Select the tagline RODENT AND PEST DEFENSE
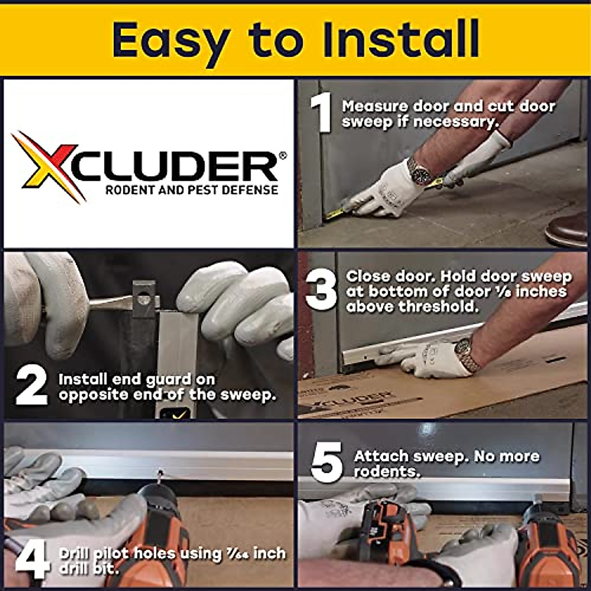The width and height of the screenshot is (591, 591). point(192,190)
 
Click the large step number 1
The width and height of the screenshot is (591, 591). point(321,114)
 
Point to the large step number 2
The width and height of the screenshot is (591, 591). point(32,387)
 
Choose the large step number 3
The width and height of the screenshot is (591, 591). point(321,290)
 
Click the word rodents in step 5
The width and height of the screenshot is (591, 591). point(387,472)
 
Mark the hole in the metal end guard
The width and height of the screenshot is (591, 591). point(143,297)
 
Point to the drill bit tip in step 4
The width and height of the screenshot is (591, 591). point(160,473)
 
